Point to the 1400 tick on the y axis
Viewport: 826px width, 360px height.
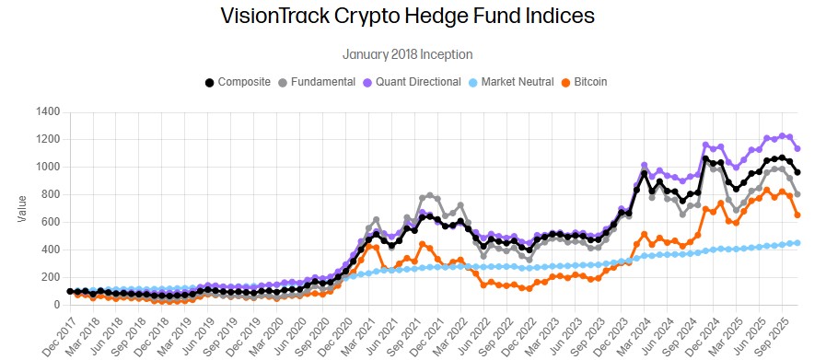(x=46, y=111)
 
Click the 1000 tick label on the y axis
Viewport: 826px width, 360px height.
(x=46, y=167)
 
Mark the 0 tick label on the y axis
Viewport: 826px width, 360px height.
(x=56, y=305)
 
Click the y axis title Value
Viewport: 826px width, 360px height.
(x=21, y=208)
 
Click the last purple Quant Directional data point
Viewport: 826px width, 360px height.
(x=797, y=148)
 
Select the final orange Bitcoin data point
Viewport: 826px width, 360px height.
(x=797, y=215)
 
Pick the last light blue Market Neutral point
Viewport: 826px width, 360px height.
(x=797, y=243)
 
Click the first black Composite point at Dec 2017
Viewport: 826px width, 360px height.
(x=71, y=291)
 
